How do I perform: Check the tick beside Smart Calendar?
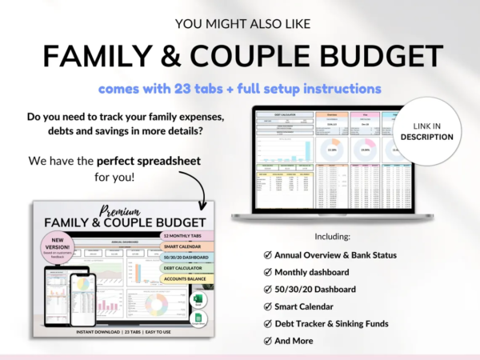pyautogui.click(x=267, y=306)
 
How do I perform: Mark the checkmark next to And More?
pyautogui.click(x=267, y=341)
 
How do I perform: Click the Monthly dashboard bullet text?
pyautogui.click(x=317, y=271)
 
